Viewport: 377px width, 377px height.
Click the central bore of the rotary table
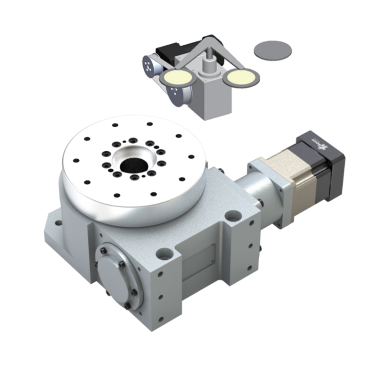pos(133,164)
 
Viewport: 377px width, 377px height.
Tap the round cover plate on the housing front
pos(116,273)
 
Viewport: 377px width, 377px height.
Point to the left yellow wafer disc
pos(176,77)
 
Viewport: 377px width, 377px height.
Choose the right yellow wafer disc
pos(242,76)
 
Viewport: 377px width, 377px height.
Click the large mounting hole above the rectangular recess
pos(164,254)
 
